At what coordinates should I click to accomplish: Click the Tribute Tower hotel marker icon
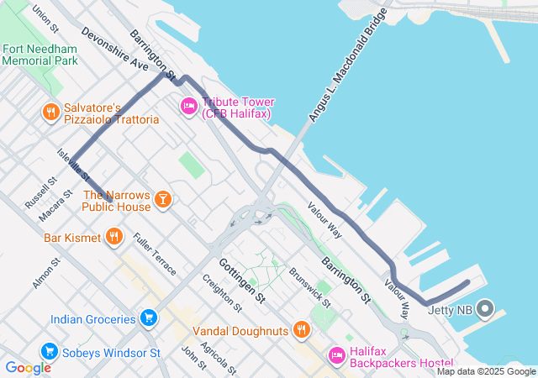[x=188, y=106]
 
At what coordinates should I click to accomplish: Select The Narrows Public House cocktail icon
[x=163, y=199]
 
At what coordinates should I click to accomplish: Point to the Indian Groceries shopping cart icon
[x=149, y=318]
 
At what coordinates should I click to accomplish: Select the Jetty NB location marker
[x=485, y=309]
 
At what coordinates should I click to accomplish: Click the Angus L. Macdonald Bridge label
[x=346, y=66]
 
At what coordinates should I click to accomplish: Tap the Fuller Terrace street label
[x=155, y=255]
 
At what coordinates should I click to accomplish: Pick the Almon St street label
[x=46, y=274]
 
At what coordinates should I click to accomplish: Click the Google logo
[x=28, y=367]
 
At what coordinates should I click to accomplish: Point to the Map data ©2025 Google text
[x=486, y=371]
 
